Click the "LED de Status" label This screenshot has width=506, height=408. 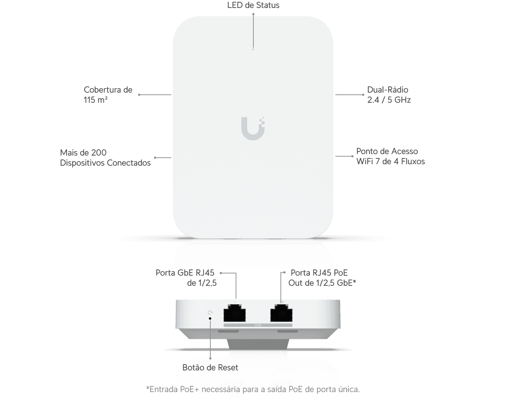click(253, 5)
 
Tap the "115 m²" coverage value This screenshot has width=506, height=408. click(95, 100)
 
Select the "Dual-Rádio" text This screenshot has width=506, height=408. click(387, 90)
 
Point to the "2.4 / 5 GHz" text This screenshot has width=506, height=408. click(389, 100)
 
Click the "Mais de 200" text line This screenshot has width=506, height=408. click(83, 153)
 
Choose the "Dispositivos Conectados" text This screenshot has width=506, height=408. click(105, 163)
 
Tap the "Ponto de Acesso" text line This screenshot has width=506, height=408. click(387, 151)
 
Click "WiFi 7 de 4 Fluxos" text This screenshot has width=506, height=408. click(391, 161)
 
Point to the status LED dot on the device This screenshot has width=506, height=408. click(253, 50)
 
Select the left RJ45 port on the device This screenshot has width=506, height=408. click(235, 313)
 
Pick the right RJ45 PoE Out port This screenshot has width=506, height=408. click(281, 313)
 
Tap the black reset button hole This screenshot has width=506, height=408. click(210, 318)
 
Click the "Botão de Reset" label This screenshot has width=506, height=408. click(210, 367)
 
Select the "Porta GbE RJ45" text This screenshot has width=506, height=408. click(185, 273)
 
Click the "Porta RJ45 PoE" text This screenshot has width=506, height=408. click(319, 273)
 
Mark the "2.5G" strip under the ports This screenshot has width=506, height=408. click(258, 325)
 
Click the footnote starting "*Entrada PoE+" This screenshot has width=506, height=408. click(253, 389)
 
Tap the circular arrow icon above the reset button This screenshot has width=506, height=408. click(210, 313)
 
